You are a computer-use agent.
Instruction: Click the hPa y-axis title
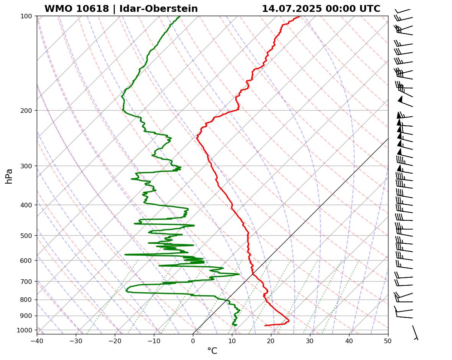tap(9, 176)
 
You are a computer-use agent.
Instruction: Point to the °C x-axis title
tap(212, 351)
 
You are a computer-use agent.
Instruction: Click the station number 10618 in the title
tap(93, 9)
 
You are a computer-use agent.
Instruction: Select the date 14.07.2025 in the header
tap(292, 9)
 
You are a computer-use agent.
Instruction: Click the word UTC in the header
tap(370, 9)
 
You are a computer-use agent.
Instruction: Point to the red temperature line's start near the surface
tap(265, 326)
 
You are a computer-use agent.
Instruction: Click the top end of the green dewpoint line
tap(180, 16)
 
